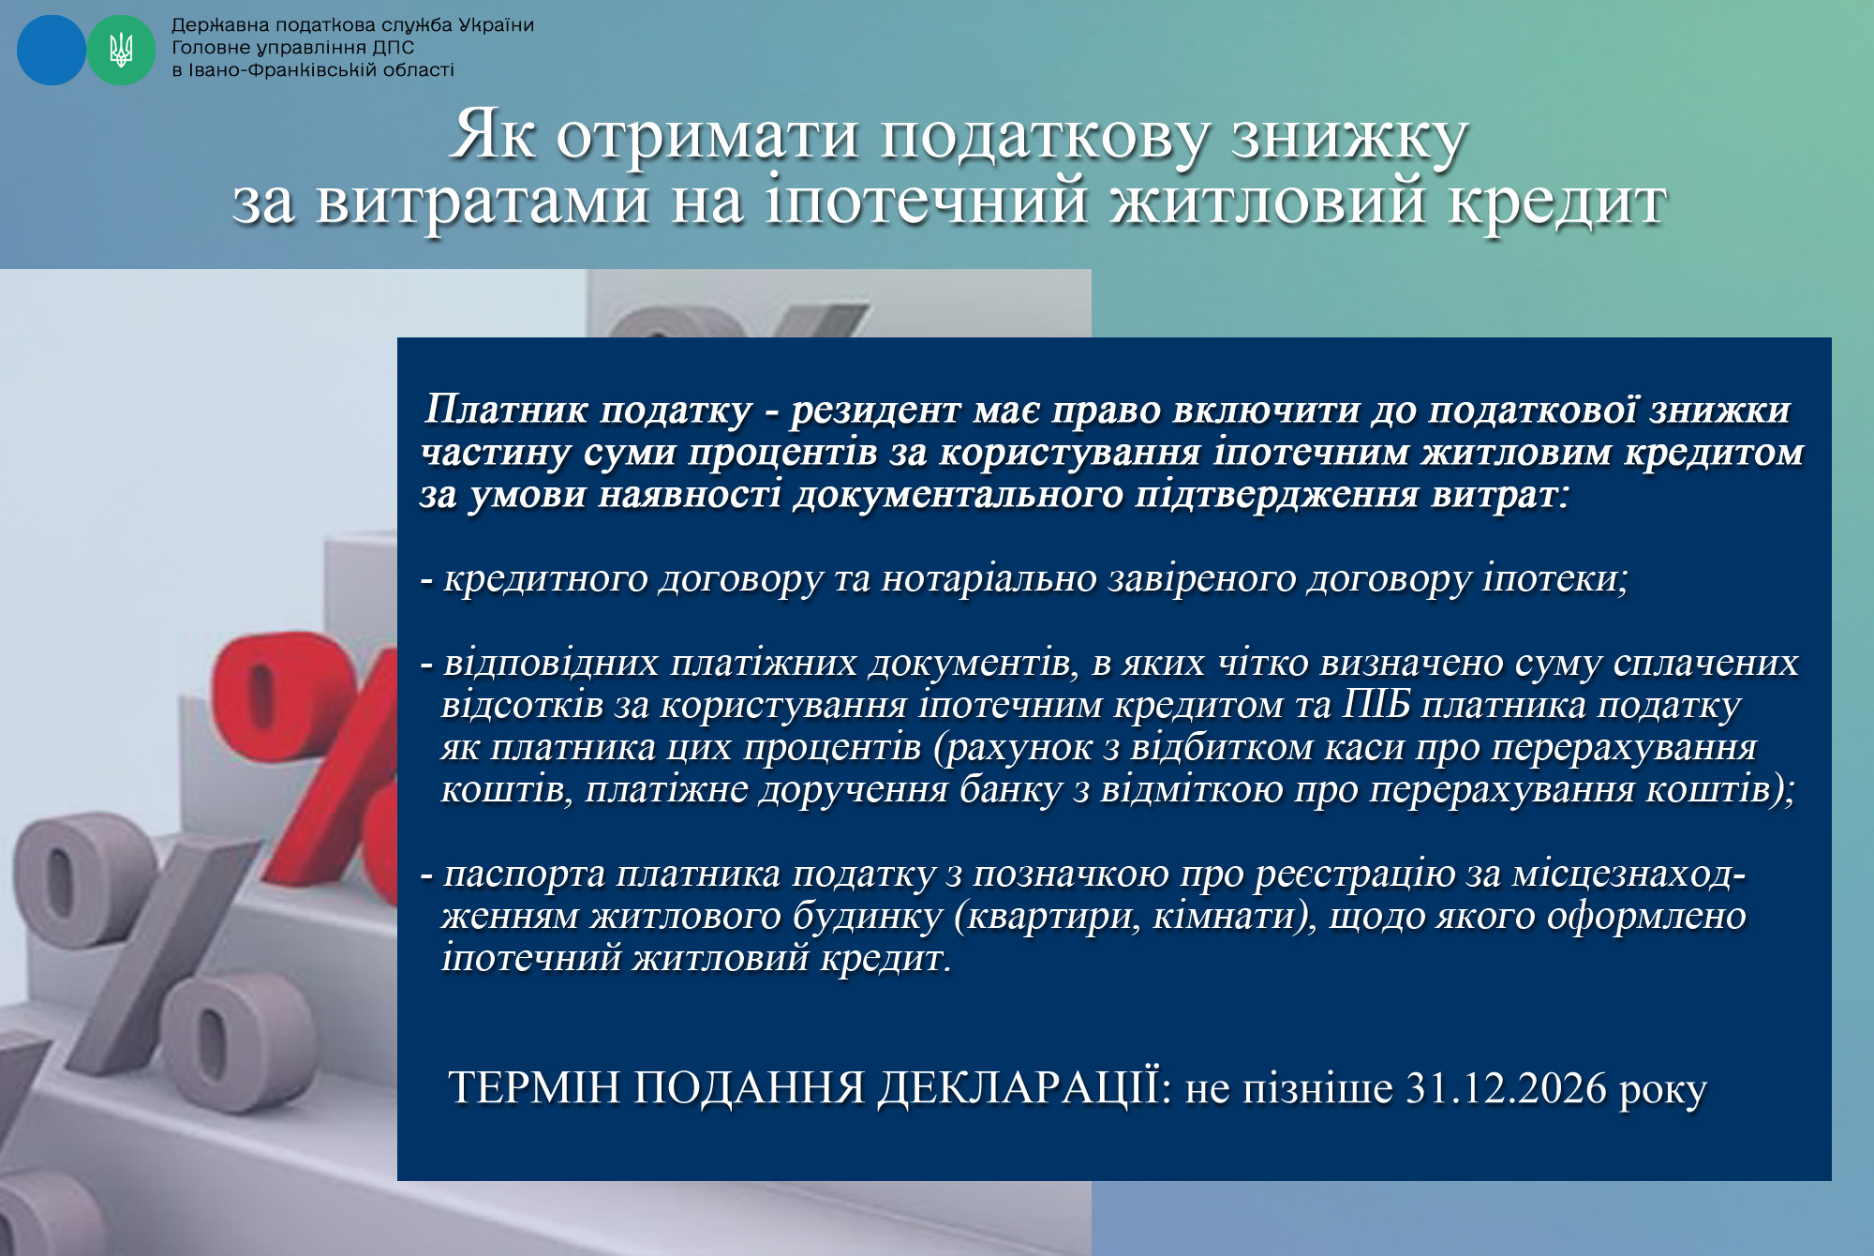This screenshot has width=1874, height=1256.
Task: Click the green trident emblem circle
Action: pyautogui.click(x=121, y=50)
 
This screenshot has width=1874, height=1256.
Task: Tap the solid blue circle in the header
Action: pyautogui.click(x=52, y=50)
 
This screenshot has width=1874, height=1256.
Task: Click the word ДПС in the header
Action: pyautogui.click(x=393, y=48)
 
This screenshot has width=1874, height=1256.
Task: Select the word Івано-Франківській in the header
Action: pyautogui.click(x=280, y=70)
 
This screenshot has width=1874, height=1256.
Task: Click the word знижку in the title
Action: pyautogui.click(x=1348, y=137)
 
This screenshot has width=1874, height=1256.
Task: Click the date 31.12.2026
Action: pyautogui.click(x=1507, y=1088)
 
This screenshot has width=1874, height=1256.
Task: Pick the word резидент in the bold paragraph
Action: pyautogui.click(x=876, y=411)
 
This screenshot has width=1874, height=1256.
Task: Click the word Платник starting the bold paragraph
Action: pyautogui.click(x=507, y=410)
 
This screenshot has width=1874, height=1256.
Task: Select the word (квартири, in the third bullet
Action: pyautogui.click(x=1048, y=917)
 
